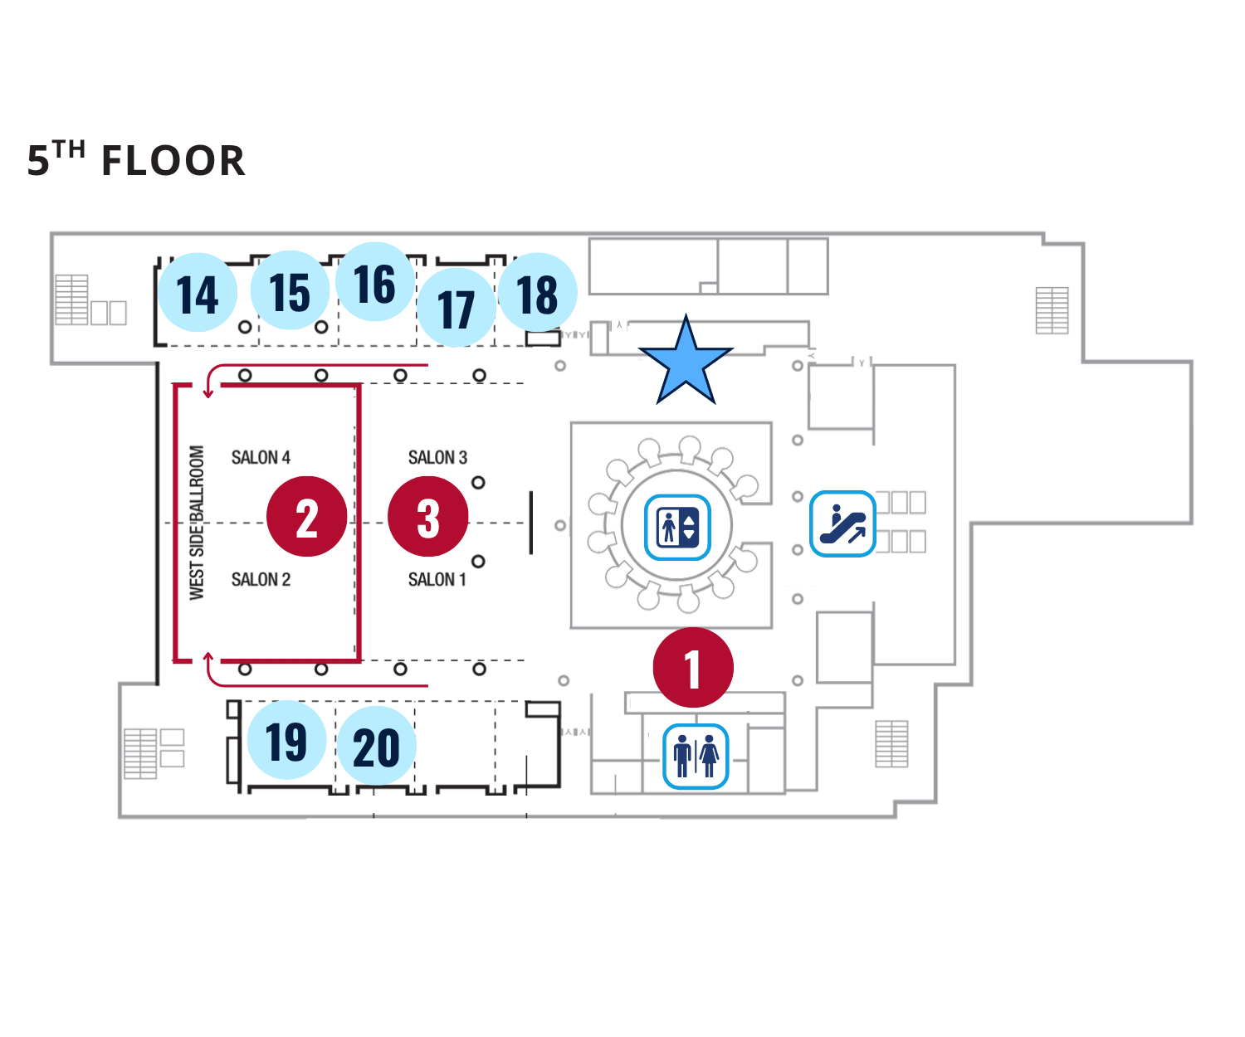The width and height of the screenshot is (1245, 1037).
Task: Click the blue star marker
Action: (686, 363)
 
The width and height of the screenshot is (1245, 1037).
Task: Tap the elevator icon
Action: (677, 527)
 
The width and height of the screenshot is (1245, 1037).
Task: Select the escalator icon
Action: (842, 523)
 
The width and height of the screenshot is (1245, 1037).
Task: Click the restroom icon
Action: (696, 756)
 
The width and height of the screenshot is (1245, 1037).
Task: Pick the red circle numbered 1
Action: (693, 668)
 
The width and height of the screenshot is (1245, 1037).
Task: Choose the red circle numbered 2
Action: (306, 517)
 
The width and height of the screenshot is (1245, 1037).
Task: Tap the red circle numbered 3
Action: (428, 517)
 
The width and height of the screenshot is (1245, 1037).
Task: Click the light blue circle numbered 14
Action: (198, 293)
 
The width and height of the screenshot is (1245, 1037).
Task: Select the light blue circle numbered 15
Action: (290, 291)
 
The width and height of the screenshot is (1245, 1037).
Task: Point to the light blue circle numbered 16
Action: (375, 283)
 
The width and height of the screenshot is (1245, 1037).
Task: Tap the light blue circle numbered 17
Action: (456, 308)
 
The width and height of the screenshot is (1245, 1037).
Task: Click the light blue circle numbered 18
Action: (538, 293)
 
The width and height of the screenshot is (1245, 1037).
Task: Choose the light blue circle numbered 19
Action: (286, 740)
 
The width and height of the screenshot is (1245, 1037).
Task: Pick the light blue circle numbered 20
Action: (376, 746)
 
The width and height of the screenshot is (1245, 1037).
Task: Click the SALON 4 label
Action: (261, 458)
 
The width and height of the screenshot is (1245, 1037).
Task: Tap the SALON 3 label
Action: (437, 458)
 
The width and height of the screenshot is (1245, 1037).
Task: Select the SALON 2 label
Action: (261, 580)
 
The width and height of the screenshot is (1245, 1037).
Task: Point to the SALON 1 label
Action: (437, 580)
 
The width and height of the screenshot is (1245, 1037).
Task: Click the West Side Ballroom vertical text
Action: (197, 523)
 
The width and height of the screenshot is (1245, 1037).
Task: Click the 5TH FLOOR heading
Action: (137, 160)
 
